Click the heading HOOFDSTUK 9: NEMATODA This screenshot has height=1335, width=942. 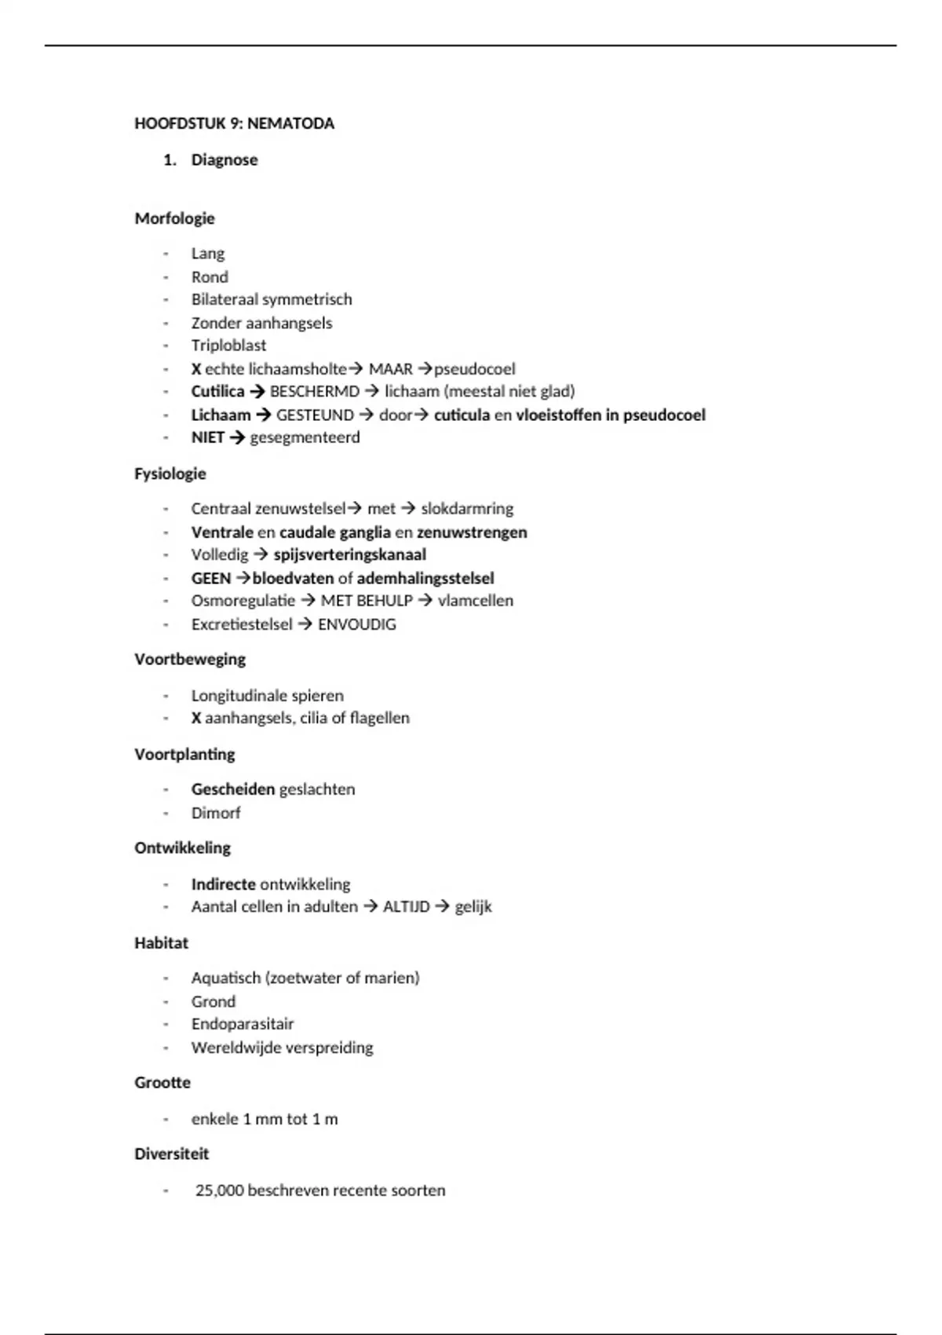[234, 123]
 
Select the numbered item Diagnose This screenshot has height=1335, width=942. [224, 160]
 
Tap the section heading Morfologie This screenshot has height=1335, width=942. [174, 218]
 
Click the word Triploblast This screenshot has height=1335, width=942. [228, 346]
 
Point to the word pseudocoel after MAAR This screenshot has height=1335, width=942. [474, 368]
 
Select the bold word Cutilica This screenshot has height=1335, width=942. [217, 391]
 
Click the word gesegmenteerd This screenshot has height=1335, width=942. [305, 437]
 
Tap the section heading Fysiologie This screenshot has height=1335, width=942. [170, 474]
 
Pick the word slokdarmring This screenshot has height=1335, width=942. [467, 509]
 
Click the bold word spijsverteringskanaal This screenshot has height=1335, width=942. [349, 554]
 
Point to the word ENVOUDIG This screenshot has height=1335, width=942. [356, 624]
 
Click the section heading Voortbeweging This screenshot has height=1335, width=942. [190, 660]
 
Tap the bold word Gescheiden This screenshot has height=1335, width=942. [233, 789]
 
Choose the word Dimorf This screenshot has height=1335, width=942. [216, 813]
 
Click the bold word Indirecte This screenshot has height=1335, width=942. [223, 884]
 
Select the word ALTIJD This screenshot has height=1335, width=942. [406, 907]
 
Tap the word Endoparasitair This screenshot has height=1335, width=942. [243, 1024]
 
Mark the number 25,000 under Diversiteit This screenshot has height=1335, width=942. [219, 1191]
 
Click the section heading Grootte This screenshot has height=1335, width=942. [162, 1083]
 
